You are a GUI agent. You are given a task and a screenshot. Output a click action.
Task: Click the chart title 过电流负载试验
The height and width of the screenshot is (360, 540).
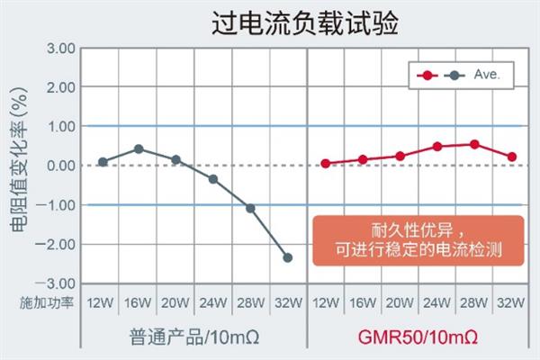(269, 21)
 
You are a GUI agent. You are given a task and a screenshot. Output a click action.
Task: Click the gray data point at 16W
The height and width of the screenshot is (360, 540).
(139, 148)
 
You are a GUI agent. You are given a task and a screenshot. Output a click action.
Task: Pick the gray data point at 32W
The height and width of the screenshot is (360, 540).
(288, 258)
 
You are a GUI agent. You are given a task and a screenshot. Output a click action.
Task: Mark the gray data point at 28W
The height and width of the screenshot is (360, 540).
(250, 208)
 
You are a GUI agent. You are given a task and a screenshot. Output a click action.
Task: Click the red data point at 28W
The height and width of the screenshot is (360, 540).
(474, 144)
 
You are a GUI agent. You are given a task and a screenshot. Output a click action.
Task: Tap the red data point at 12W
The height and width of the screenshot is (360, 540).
(325, 164)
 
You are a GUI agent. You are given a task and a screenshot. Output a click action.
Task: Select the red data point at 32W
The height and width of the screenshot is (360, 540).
(512, 157)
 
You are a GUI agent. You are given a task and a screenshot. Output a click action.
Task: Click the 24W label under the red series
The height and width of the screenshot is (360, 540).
(436, 301)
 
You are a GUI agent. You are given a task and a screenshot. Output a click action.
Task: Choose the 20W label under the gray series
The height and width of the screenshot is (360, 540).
(175, 301)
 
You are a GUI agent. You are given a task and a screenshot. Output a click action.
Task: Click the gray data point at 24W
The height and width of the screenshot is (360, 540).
(213, 178)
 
